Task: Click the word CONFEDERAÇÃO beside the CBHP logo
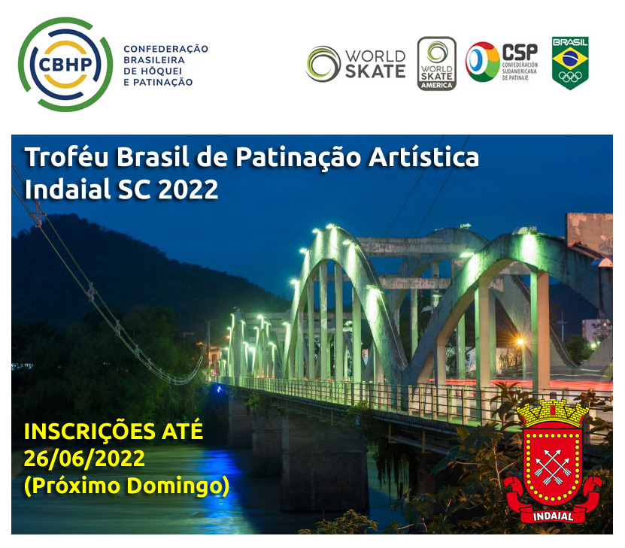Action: pos(165,49)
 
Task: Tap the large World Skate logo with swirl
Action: pos(356,64)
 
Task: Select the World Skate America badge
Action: pos(436,64)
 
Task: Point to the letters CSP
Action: pos(520,52)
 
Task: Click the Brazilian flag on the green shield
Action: pos(570,58)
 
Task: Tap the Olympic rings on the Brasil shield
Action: pos(570,77)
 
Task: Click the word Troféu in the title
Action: pos(67,157)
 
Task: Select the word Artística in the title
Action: pos(423,157)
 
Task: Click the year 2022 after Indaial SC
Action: pos(188,189)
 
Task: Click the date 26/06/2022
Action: pos(84,459)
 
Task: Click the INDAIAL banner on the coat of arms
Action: pos(553,516)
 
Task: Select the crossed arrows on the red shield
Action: pos(553,467)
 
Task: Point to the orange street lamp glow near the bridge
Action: pos(520,342)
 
